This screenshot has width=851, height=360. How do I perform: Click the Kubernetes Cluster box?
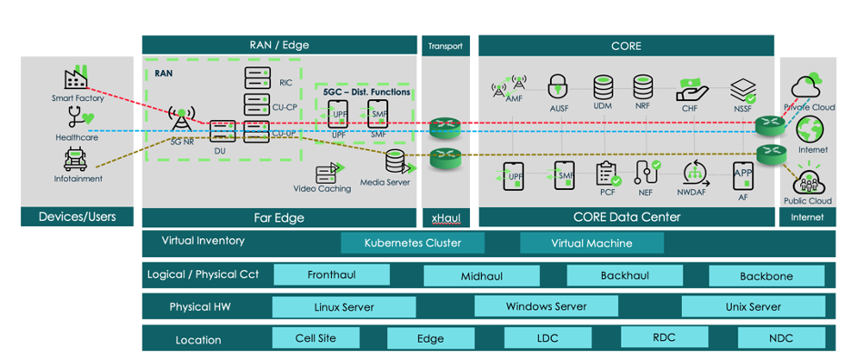413,243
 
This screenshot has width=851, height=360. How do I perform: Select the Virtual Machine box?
591,243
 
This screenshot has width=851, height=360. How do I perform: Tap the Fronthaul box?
331,275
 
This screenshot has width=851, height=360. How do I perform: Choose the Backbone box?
766,275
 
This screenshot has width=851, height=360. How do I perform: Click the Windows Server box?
546,306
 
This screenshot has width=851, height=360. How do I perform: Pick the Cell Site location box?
315,338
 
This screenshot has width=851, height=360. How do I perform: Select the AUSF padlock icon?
557,87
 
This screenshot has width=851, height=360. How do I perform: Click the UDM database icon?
603,87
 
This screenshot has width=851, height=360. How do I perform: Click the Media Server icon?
395,162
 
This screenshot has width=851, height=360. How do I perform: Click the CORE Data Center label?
626,216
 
